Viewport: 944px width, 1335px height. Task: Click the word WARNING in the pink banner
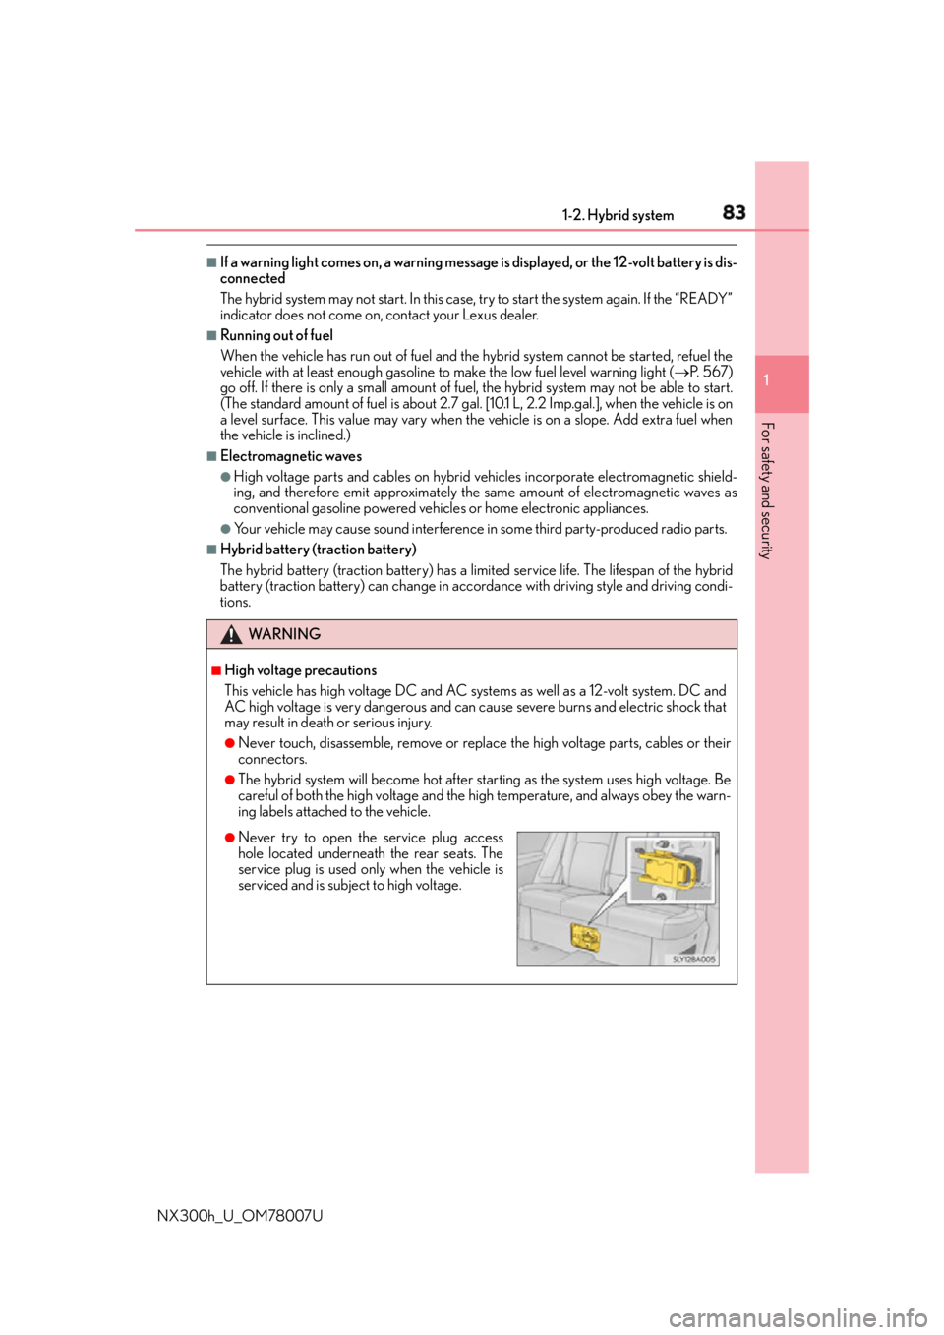[284, 634]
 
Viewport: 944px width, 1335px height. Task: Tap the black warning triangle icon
[231, 634]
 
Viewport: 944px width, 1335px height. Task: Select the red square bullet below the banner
[214, 670]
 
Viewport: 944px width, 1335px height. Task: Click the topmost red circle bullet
[229, 742]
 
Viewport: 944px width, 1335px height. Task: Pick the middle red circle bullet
[229, 780]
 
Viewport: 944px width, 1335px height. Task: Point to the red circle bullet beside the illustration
[229, 838]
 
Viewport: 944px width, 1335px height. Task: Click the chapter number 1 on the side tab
[767, 380]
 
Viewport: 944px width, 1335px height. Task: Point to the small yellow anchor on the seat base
[584, 938]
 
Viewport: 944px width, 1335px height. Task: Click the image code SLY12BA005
[693, 959]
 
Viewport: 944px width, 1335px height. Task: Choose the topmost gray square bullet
[211, 262]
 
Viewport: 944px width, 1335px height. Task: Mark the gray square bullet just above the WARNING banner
[211, 549]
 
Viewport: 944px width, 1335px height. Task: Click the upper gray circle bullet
[225, 477]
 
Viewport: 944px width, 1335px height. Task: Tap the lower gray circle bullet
[225, 529]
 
